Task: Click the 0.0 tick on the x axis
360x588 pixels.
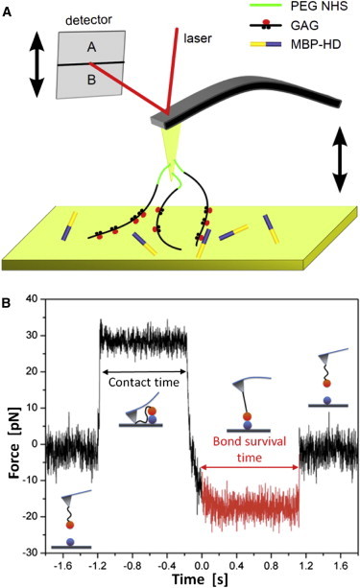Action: coord(189,561)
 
